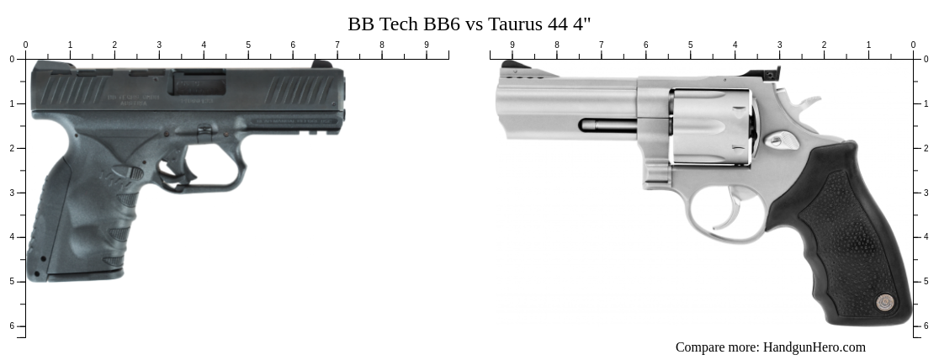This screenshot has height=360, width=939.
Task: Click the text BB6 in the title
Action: click(x=438, y=23)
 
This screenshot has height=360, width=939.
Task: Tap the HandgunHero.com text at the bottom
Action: click(x=814, y=347)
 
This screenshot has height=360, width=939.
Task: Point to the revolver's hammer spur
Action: click(x=808, y=104)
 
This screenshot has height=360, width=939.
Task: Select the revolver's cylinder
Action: click(x=711, y=126)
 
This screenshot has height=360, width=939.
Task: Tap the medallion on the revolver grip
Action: click(x=884, y=301)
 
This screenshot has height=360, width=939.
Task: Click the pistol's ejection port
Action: click(x=199, y=83)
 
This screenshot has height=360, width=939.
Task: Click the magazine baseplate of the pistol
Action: click(x=80, y=274)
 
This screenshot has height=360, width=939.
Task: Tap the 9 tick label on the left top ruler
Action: click(x=426, y=45)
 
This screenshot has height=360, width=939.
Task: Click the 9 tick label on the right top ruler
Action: click(x=512, y=45)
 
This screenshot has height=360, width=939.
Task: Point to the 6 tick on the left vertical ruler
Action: click(x=12, y=326)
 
